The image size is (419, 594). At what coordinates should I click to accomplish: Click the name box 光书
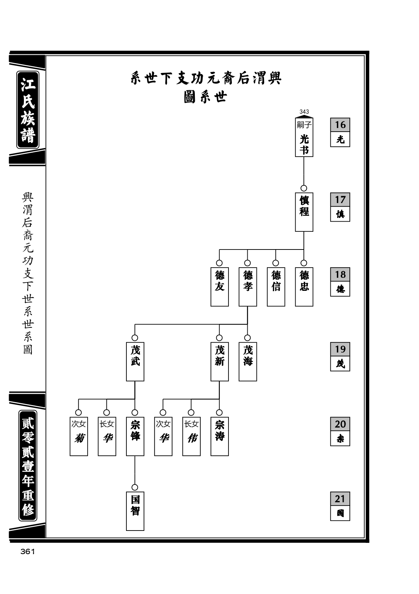pos(304,137)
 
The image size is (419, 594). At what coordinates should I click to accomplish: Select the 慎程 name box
pos(304,212)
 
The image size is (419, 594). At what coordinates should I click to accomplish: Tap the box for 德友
pos(219,286)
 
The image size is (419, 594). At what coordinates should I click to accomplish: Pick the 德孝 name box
pos(248,286)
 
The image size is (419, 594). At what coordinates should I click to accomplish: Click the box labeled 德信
pos(276,286)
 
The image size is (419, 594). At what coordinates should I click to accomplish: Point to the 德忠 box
pos(304,286)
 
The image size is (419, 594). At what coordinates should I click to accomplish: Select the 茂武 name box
pos(135,362)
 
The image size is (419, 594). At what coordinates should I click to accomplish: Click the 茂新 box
pos(219,362)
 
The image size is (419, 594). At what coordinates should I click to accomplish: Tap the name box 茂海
pos(248,362)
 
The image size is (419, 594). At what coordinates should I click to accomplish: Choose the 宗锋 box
pos(135,436)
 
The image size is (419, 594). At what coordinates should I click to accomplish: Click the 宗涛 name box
pos(219,436)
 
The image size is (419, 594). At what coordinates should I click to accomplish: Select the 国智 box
pos(135,511)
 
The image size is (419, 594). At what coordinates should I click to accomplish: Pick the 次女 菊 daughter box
pos(79,436)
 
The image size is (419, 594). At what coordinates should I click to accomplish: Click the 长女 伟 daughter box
pos(192,436)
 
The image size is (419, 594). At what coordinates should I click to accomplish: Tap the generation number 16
pos(340,125)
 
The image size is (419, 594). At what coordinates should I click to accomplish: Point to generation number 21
pos(340,499)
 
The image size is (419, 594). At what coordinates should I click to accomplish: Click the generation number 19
pos(340,349)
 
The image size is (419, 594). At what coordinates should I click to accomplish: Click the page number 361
pos(28,552)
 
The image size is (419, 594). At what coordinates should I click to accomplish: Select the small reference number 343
pos(304,112)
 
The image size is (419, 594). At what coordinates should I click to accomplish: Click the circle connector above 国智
pos(135,487)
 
